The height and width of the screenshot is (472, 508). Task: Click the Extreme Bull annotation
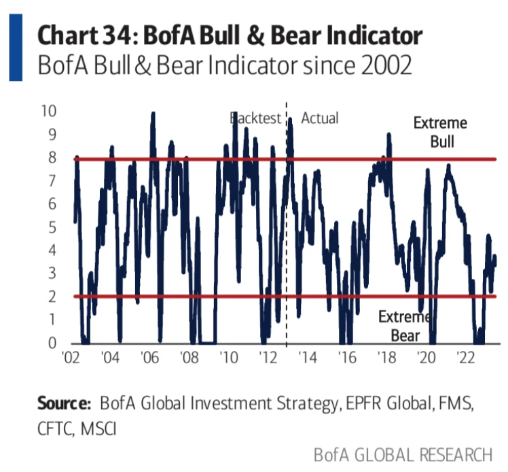pos(441,133)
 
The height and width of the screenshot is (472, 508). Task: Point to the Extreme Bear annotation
pos(404,326)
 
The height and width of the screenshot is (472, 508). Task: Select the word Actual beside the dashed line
pos(319,118)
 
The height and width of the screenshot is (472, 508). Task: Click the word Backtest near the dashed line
pos(255,118)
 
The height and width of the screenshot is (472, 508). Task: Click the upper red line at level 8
pos(340,160)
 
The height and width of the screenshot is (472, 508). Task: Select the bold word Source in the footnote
pos(64,403)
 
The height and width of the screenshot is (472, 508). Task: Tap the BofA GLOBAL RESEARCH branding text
pos(402,454)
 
